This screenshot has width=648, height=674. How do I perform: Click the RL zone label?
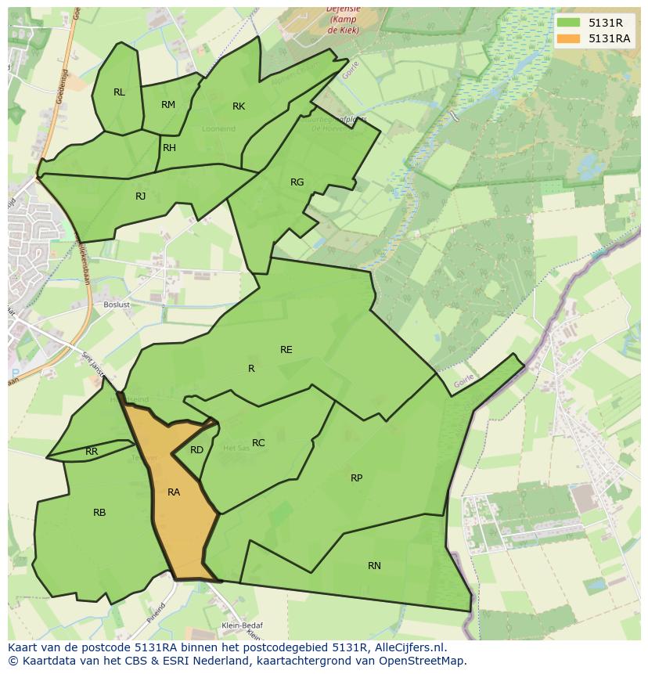119,92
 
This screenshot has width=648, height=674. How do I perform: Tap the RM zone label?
168,105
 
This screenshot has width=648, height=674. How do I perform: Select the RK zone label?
239,106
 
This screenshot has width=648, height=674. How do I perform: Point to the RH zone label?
169,148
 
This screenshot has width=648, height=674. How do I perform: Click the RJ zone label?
140,196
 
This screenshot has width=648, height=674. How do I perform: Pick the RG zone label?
297,182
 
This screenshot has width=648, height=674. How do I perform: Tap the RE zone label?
286,350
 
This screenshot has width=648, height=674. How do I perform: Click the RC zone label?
258,443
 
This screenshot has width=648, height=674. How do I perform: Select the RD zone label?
196,450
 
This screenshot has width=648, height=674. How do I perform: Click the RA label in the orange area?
174,492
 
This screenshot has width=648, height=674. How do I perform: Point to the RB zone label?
99,513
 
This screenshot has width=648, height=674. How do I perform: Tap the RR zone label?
92,452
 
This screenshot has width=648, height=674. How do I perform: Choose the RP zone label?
356,478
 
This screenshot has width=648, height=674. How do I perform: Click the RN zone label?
374,565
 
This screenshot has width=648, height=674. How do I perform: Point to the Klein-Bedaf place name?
242,625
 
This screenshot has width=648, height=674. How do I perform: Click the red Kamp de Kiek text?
342,19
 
